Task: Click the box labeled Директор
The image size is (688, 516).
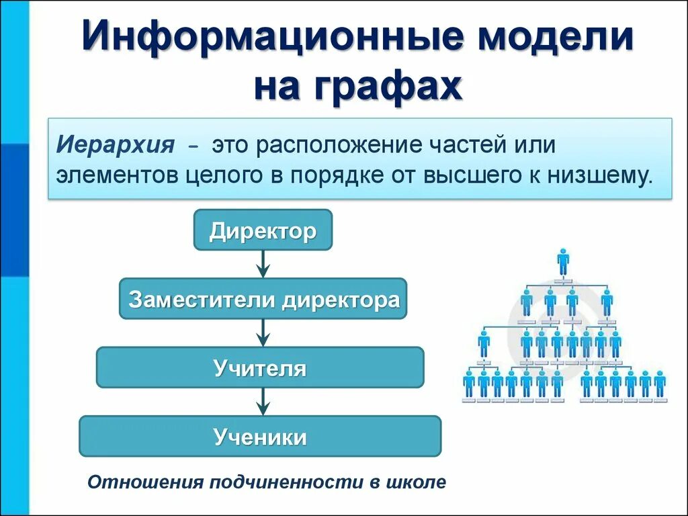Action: point(263,231)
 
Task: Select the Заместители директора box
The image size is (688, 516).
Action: point(263,299)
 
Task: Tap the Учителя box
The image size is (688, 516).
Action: point(260,368)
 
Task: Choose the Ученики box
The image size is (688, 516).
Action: point(260,437)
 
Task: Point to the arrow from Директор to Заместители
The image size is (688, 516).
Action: point(263,264)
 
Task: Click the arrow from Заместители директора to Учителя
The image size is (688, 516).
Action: point(263,333)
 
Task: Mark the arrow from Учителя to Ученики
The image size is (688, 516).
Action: point(263,402)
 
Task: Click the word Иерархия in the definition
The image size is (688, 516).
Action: point(114,145)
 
